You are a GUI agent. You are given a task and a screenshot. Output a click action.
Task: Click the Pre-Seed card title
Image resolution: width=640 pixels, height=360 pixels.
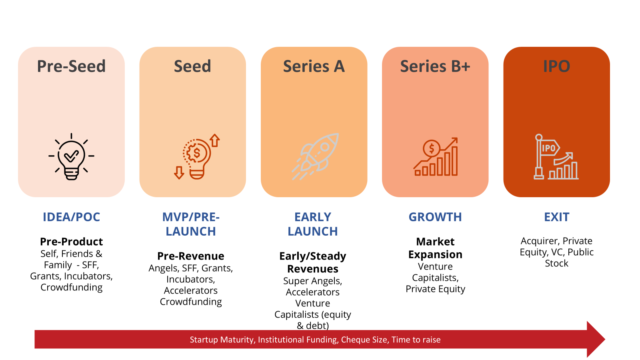click(x=72, y=66)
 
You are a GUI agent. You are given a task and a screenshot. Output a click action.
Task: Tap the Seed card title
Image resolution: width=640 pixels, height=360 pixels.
click(x=192, y=66)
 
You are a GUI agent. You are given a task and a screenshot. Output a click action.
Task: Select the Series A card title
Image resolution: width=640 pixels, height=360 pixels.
click(x=314, y=66)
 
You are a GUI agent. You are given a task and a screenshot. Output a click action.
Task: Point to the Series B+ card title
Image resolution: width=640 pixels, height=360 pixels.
click(x=435, y=66)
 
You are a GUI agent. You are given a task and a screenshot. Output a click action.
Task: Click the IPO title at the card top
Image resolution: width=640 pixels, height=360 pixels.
click(x=556, y=66)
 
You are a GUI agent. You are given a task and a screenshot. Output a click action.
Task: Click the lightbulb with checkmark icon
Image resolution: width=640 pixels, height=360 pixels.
click(x=72, y=156)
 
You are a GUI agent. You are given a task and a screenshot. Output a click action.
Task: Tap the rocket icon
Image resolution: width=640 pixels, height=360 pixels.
click(x=315, y=156)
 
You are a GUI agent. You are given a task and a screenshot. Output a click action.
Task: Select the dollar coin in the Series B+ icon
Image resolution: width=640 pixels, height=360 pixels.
click(x=432, y=148)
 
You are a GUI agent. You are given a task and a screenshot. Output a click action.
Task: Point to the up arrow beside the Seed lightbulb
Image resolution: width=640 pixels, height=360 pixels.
click(x=214, y=140)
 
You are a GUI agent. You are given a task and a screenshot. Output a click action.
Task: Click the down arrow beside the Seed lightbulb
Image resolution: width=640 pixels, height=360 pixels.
click(x=179, y=172)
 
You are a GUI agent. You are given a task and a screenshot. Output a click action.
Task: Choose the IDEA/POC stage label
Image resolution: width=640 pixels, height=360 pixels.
click(x=72, y=217)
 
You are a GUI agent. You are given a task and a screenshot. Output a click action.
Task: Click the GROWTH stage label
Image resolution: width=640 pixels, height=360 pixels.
click(x=435, y=217)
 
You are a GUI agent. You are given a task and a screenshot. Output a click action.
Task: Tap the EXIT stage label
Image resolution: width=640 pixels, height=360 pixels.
click(x=556, y=217)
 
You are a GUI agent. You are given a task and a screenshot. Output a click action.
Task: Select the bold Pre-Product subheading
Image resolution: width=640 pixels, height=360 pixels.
click(x=72, y=242)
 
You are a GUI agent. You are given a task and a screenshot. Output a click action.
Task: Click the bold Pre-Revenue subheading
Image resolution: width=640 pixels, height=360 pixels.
click(x=191, y=256)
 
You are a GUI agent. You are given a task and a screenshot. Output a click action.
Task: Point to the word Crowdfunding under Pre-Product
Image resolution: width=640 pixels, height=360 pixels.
click(x=72, y=288)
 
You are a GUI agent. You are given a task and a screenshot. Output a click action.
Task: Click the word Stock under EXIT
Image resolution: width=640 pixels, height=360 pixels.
click(x=556, y=263)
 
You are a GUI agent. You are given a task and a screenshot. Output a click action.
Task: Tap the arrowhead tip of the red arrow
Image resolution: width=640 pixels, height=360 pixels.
click(x=605, y=340)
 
